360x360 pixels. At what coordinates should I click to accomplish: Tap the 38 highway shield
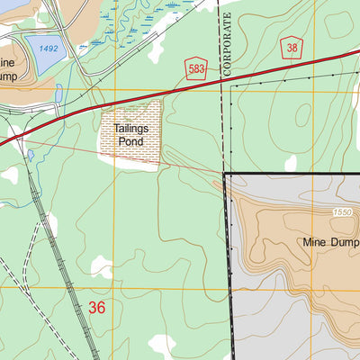tap(292, 47)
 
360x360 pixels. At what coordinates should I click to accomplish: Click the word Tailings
tap(130, 129)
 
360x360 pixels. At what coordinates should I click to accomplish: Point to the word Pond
tap(130, 141)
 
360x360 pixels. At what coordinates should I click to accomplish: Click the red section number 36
tap(97, 308)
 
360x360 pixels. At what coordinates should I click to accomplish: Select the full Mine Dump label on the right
tap(331, 242)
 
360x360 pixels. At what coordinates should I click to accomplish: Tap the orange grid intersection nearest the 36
tap(114, 289)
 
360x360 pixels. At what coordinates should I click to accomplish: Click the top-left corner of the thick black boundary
tap(224, 174)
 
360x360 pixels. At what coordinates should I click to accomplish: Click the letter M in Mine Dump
tap(308, 242)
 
